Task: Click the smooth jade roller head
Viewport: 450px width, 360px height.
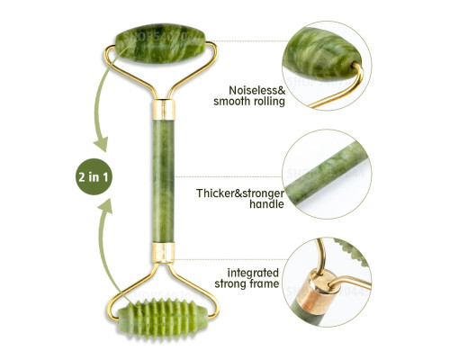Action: pyautogui.click(x=160, y=43)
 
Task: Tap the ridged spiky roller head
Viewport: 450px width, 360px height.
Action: pyautogui.click(x=162, y=319)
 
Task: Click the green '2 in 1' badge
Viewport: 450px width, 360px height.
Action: pyautogui.click(x=94, y=176)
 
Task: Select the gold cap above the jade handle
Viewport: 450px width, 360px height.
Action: pyautogui.click(x=164, y=109)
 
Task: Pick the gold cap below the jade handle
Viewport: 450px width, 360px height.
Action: pyautogui.click(x=163, y=253)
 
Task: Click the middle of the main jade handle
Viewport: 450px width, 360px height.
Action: pyautogui.click(x=164, y=181)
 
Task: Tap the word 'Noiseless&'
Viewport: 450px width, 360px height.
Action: pyautogui.click(x=257, y=90)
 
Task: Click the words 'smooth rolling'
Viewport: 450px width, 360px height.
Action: pyautogui.click(x=249, y=102)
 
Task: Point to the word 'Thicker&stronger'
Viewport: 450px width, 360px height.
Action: pyautogui.click(x=240, y=193)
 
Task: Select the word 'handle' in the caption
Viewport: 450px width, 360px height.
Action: pyautogui.click(x=266, y=204)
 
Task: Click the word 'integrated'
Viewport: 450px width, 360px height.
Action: pyautogui.click(x=253, y=273)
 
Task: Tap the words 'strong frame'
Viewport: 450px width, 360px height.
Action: pyautogui.click(x=247, y=283)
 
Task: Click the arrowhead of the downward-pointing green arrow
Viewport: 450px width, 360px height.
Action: pyautogui.click(x=101, y=145)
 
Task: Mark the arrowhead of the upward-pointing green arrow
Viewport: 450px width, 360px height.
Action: pyautogui.click(x=105, y=206)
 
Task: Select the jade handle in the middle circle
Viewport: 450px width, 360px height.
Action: pyautogui.click(x=326, y=175)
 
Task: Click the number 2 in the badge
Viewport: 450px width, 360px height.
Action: pyautogui.click(x=82, y=177)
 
